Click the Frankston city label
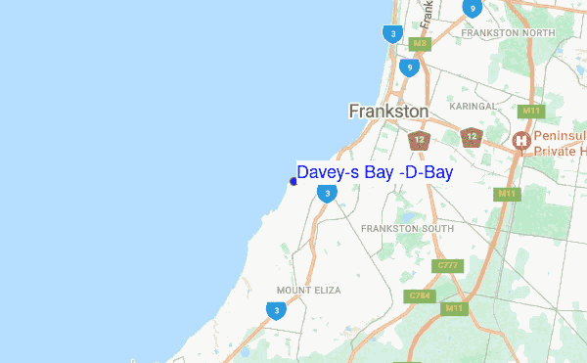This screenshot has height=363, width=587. (x=388, y=112)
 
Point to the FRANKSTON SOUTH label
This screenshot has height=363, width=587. (x=407, y=228)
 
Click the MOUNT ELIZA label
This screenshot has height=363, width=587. (x=307, y=291)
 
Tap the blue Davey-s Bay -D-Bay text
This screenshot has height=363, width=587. (x=375, y=173)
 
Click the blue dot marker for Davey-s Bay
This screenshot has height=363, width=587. (x=293, y=181)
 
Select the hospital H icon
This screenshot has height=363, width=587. (x=522, y=141)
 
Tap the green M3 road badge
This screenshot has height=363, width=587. (x=420, y=44)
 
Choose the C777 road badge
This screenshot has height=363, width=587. (x=448, y=265)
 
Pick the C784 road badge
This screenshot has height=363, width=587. (x=420, y=295)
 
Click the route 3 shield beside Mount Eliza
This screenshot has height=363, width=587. (x=276, y=310)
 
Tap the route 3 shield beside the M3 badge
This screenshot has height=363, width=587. (x=391, y=33)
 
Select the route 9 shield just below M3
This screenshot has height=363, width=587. (x=409, y=67)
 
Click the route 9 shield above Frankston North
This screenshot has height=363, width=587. (x=472, y=9)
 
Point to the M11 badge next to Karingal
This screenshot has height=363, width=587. (x=532, y=113)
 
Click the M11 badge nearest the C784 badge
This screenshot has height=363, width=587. (x=452, y=308)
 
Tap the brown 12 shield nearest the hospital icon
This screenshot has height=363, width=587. (x=472, y=136)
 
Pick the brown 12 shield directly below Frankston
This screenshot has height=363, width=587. (x=419, y=140)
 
